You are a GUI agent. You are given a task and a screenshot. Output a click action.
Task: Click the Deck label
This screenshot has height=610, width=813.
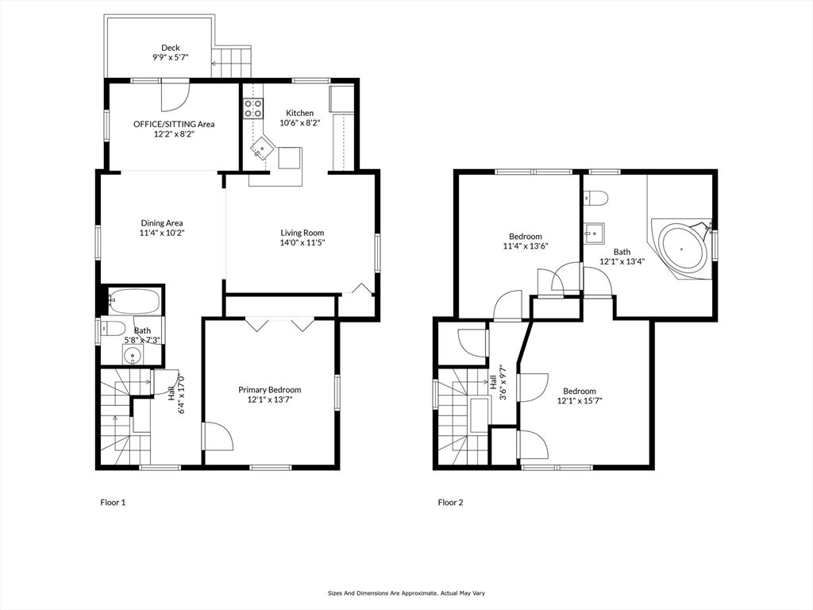pos(170,48)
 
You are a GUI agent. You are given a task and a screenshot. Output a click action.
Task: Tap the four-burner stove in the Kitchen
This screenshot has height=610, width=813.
pos(253,108)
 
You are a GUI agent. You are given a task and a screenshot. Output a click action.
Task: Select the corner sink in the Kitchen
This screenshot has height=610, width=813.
pos(263,149)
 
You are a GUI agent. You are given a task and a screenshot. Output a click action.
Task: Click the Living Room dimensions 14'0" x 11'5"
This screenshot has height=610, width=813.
pos(302,242)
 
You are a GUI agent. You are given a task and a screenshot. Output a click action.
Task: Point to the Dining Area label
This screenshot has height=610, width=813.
pos(162,223)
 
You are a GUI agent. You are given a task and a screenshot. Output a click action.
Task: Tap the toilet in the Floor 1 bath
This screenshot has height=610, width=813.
pos(113,328)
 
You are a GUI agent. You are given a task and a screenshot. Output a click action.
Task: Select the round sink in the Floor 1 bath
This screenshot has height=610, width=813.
pos(133,356)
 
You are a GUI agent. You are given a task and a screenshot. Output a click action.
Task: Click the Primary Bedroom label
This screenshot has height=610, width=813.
pos(270,389)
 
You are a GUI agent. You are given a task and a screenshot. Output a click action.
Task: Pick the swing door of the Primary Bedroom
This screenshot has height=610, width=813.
pos(218,436)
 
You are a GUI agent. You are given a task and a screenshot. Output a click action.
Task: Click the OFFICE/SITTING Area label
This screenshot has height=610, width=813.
pos(174,124)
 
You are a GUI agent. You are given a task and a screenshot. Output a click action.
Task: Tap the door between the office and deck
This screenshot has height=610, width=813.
pos(175,96)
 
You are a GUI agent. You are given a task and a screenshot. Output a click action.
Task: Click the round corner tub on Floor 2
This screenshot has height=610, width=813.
pos(682,249)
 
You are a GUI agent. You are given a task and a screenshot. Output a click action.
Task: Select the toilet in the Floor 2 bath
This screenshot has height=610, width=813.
pos(595,198)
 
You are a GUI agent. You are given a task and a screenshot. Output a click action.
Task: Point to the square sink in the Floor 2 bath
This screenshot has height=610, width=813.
pos(594,233)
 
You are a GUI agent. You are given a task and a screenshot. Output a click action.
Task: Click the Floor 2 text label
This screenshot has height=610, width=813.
pos(451,502)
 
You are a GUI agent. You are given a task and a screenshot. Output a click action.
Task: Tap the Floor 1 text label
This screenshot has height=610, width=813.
pos(113,502)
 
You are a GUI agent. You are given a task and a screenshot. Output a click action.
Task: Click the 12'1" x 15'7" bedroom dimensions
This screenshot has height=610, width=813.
pos(580,400)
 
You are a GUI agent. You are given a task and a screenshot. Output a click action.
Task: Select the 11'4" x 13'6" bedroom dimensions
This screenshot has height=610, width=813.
pos(526,246)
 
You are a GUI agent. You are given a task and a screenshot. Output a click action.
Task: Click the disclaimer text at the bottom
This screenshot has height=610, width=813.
pos(406,593)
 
